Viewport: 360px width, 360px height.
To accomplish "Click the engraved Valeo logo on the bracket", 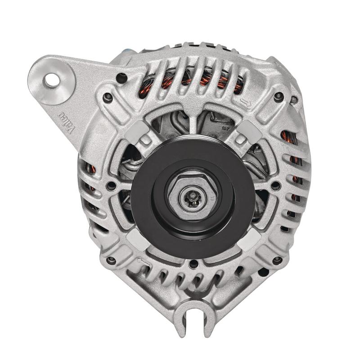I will (x=66, y=121).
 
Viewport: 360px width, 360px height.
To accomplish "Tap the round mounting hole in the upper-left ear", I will (x=52, y=81).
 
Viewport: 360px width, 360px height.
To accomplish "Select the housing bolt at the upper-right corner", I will (x=279, y=95).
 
